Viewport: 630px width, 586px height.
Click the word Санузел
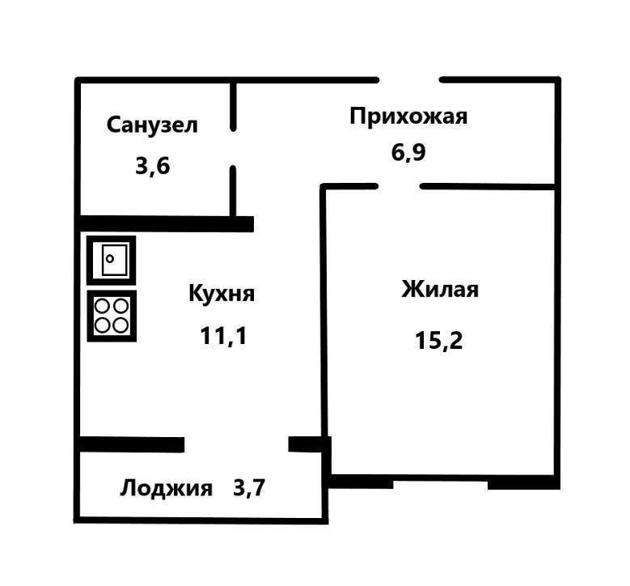[152, 125]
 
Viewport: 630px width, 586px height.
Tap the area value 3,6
[153, 167]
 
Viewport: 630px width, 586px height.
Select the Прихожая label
[408, 117]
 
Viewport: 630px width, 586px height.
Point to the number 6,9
[408, 152]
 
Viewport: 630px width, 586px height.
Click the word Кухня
[222, 293]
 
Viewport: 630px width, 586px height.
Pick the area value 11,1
[223, 335]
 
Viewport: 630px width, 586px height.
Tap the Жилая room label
[440, 290]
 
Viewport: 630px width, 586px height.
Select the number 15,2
[439, 340]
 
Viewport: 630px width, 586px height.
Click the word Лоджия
[167, 488]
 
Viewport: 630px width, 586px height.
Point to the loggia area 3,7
[249, 488]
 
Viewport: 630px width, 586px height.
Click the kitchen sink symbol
[112, 260]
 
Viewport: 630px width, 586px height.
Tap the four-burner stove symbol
[112, 316]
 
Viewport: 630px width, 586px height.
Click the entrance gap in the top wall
[409, 80]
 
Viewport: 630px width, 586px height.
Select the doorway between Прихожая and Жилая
[399, 186]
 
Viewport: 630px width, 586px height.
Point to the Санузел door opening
[233, 148]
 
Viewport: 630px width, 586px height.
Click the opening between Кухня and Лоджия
[236, 444]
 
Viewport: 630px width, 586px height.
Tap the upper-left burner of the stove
[103, 307]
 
